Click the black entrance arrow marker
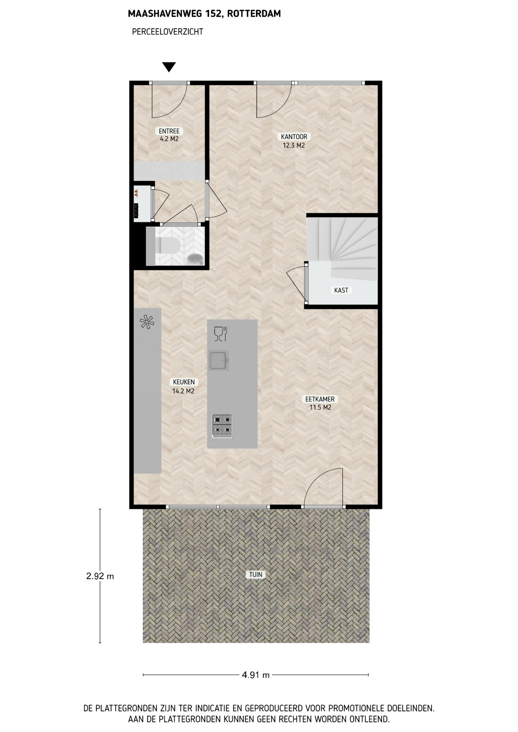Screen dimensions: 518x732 click(169, 67)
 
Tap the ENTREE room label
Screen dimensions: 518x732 click(169, 131)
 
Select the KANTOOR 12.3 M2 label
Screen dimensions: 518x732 click(294, 141)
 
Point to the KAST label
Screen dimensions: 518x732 click(341, 290)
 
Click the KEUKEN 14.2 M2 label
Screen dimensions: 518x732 click(183, 386)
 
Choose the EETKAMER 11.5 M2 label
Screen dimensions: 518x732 click(320, 403)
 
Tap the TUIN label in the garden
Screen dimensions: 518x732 click(256, 575)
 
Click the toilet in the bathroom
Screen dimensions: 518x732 click(166, 246)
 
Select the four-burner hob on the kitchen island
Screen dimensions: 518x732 click(222, 425)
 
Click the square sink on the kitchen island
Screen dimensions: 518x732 click(219, 360)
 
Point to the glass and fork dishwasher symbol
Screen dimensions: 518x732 click(220, 334)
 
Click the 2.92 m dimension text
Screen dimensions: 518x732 click(100, 576)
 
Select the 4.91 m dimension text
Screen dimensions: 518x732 click(256, 675)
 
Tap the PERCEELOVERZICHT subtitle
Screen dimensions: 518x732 click(167, 32)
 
